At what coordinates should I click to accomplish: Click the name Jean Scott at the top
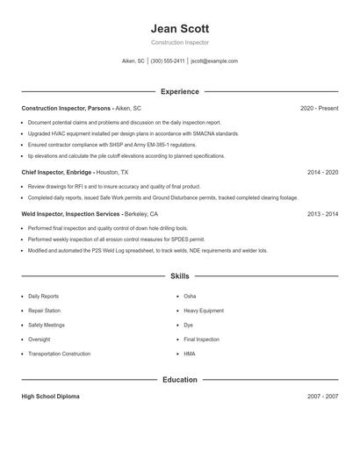179,28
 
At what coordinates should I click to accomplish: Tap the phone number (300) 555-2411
168,61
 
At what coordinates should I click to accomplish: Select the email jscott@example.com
214,61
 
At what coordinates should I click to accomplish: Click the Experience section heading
179,91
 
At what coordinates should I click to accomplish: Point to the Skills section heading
179,275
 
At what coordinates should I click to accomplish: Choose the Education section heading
179,380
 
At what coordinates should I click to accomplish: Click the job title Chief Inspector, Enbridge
57,173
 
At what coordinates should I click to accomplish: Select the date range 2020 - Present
319,108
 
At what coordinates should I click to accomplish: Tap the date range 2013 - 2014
322,213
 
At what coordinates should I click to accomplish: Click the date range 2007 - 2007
322,397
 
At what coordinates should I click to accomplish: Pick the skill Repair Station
44,311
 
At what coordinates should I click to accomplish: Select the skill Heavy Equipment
204,311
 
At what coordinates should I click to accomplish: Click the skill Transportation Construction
59,354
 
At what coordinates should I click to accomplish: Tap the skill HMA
190,354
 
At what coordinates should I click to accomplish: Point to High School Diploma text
50,397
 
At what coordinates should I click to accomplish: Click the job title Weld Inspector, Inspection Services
70,213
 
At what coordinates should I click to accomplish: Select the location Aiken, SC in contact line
133,61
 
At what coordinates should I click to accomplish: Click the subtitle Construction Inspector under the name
179,42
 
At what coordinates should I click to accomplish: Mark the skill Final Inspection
202,339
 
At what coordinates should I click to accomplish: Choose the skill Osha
191,297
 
